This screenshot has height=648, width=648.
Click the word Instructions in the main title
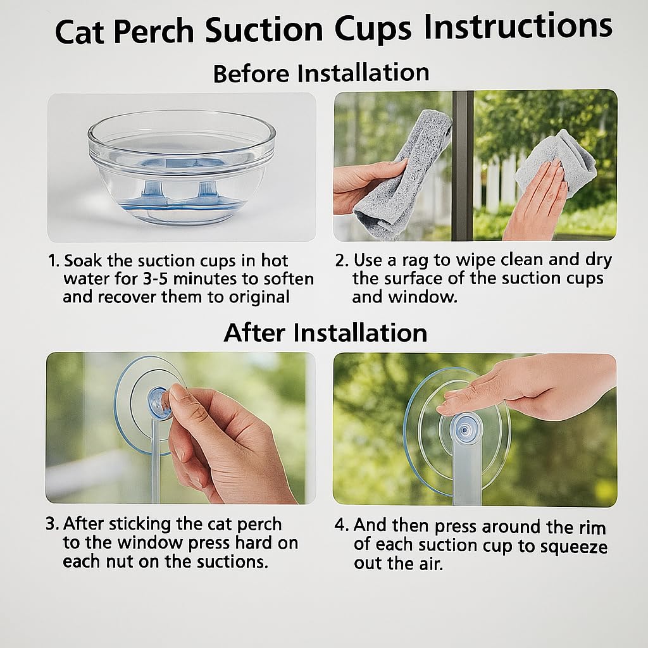[518, 28]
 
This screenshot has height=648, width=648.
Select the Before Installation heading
[321, 73]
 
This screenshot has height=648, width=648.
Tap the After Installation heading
[325, 333]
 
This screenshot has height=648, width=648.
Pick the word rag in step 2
[416, 260]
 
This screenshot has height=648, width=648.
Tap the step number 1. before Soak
[54, 260]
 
